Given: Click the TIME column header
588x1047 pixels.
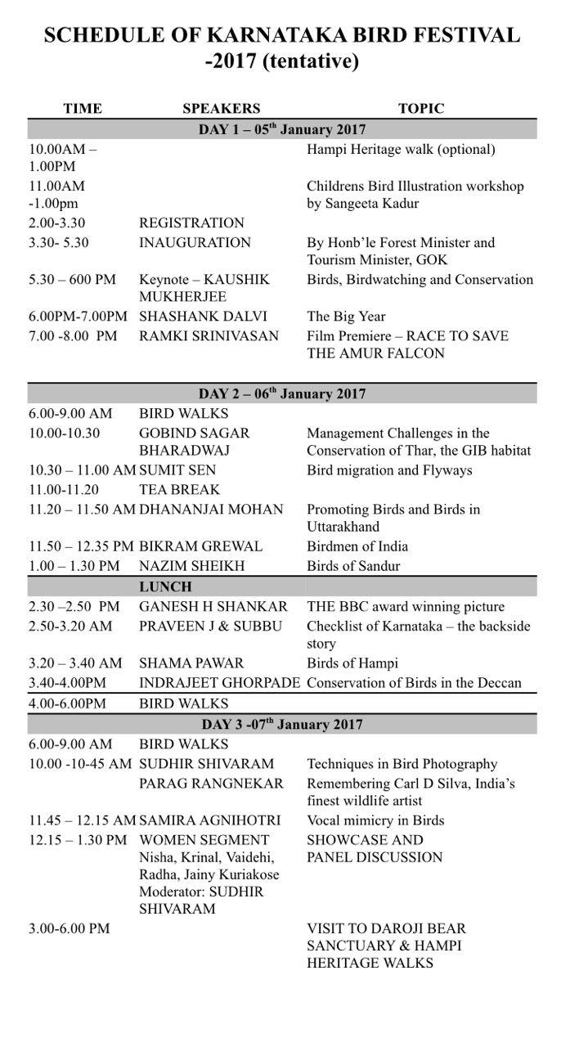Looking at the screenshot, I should coord(83,109).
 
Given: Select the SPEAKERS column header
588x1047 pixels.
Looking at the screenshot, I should coord(221,109).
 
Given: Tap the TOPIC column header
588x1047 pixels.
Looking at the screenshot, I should coord(421,109).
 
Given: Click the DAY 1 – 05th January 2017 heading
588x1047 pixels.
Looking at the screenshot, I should coord(282,129).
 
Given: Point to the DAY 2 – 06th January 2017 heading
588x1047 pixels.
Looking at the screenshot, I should coord(282,393).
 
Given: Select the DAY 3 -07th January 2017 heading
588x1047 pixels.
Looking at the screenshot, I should coord(282,724).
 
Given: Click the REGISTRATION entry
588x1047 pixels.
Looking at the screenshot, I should coord(191,222).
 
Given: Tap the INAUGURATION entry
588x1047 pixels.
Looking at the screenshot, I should coord(195,243).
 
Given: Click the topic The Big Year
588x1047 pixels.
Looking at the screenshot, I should coord(346,317).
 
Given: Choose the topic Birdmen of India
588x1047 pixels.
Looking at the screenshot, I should coord(357,546).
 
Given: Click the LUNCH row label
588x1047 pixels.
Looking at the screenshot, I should coord(165,586).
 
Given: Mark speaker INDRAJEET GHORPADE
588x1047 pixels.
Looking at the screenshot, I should coord(220,683).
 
